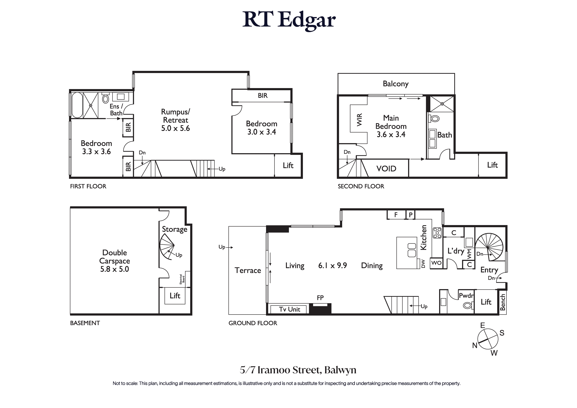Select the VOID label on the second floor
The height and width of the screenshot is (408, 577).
[x=386, y=169]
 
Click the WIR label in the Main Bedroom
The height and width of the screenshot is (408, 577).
[x=359, y=120]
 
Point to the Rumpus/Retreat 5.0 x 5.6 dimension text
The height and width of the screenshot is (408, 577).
[x=175, y=128]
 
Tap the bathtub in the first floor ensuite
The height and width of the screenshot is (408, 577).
[x=77, y=105]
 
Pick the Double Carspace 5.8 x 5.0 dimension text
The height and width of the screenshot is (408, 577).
[x=115, y=269]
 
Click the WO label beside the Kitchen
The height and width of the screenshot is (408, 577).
[x=436, y=263]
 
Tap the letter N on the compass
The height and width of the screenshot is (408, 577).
[x=475, y=345]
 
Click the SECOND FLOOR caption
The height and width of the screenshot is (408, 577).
[x=361, y=186]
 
